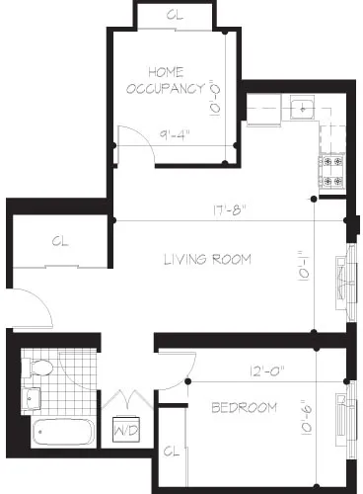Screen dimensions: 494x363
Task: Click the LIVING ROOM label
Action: (x=207, y=260)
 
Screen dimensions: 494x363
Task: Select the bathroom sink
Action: (x=30, y=398)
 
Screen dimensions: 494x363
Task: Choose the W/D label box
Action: (x=127, y=432)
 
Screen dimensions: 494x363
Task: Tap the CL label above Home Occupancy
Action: (x=174, y=17)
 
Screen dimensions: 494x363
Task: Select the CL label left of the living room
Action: (x=60, y=240)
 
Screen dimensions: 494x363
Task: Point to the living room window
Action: (x=345, y=282)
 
